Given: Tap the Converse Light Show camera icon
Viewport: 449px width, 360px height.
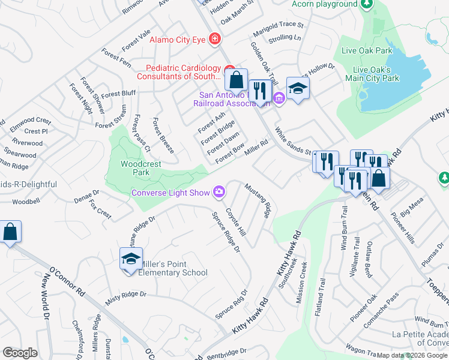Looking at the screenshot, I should point(220,192).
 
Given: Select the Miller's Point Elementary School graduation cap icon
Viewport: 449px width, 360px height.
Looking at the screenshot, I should point(131,259).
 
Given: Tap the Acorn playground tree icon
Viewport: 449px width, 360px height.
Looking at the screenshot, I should point(366,4).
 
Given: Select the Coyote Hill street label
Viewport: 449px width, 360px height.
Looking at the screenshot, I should point(235,222).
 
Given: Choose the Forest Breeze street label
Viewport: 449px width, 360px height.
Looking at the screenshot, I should point(163,135).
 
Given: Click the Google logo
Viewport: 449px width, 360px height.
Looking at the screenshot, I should point(20,353).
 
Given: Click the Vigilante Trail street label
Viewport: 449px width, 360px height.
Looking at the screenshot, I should point(357,252).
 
